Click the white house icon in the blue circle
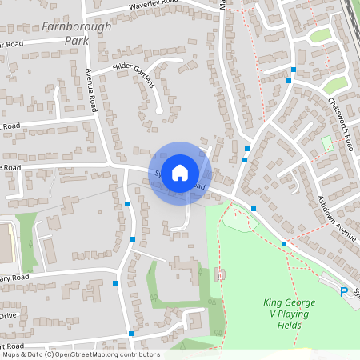point(180,172)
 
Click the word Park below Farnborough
point(77,40)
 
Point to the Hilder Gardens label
point(132,68)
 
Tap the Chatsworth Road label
point(341,125)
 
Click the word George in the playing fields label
point(301,302)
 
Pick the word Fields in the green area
point(289,326)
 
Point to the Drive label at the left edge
point(8,316)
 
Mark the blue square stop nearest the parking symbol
point(284,243)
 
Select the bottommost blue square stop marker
point(131,332)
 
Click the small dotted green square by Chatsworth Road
point(326,142)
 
